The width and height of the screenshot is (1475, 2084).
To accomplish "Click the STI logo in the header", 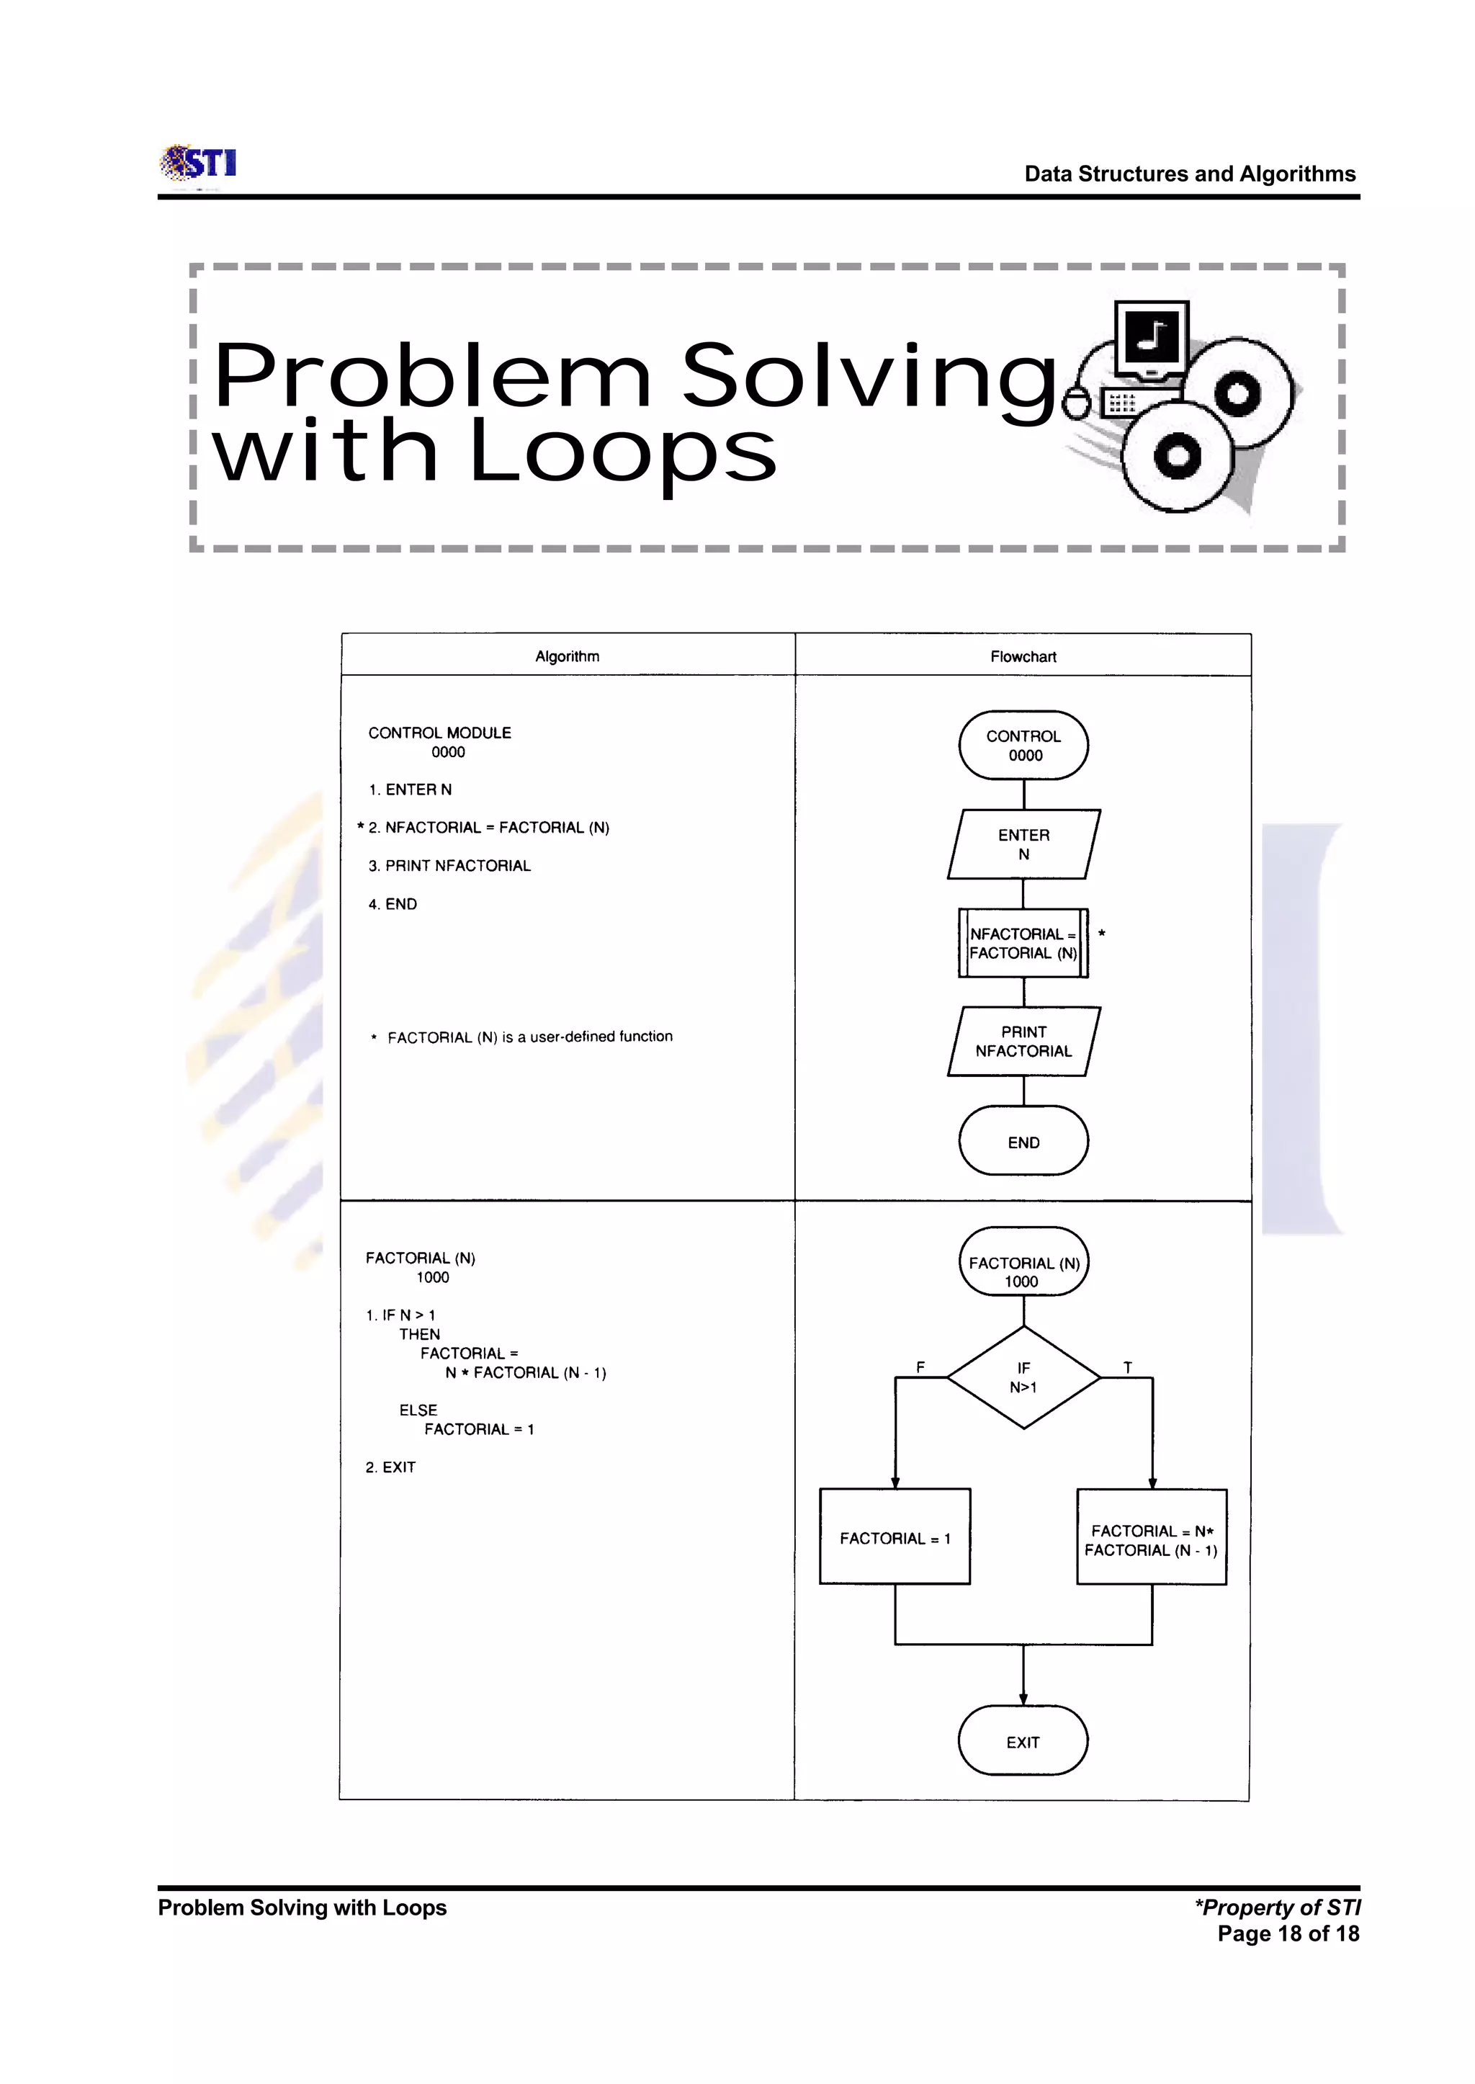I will (198, 164).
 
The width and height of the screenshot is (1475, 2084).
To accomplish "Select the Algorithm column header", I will (567, 656).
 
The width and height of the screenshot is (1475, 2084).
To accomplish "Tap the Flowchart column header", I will (1023, 656).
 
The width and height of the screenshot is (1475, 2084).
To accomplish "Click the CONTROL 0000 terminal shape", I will (1023, 745).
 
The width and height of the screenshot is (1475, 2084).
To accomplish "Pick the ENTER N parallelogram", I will (1023, 844).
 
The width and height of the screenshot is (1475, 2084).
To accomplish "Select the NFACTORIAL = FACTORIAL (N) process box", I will (1023, 943).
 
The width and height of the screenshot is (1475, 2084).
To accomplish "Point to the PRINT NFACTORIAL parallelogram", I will (1023, 1041).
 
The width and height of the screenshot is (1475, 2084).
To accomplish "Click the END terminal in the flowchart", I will (1023, 1142).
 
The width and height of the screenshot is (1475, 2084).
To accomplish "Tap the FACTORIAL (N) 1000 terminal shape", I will (1023, 1262).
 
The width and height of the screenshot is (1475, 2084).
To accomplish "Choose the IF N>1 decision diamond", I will (1023, 1377).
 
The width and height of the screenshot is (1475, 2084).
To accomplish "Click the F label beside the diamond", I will (920, 1367).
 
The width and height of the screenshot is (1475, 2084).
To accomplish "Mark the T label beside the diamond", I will (1127, 1367).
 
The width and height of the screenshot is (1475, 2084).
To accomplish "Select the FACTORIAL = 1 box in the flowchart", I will (895, 1538).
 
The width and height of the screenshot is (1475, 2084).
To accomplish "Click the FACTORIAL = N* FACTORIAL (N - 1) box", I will (1151, 1540).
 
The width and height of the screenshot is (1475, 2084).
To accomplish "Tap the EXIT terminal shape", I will (1023, 1742).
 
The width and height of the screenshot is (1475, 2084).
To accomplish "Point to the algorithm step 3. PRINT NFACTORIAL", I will (449, 866).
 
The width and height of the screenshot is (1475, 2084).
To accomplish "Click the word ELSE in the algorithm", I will (418, 1410).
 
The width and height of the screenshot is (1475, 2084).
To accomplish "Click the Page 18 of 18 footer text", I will (1288, 1933).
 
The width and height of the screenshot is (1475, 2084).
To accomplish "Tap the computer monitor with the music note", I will (1151, 338).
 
